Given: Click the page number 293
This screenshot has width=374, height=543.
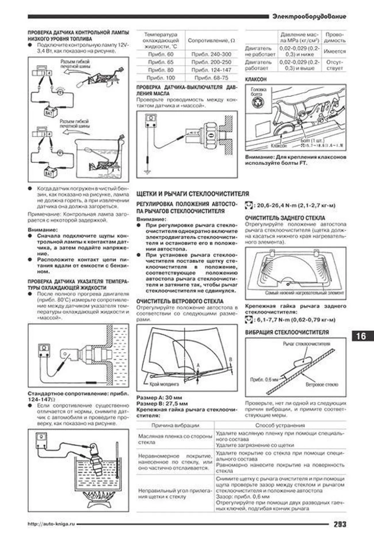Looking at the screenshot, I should [339, 524].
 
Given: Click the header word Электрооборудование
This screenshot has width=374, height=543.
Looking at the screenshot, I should [309, 17].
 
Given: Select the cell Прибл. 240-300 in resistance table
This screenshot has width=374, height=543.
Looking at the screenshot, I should [211, 54].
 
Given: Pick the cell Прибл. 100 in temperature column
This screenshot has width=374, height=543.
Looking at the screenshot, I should [161, 78].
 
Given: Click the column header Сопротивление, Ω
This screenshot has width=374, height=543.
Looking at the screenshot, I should [211, 41].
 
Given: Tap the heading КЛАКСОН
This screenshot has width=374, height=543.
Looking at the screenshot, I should [255, 79].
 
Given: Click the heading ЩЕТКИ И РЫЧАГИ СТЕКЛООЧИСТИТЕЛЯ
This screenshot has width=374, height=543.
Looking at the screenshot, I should [192, 194].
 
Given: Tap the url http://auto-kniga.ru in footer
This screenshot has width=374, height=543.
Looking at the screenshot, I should [51, 524].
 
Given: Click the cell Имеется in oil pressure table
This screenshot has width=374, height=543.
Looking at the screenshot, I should [334, 52].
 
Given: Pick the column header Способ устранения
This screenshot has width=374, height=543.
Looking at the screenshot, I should [280, 425].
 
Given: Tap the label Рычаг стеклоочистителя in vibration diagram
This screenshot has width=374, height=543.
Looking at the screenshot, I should [306, 344].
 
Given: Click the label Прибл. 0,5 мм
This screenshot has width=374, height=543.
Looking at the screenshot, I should [264, 379].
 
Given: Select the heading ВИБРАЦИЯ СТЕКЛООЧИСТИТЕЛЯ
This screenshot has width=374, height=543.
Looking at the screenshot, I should [287, 332].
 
